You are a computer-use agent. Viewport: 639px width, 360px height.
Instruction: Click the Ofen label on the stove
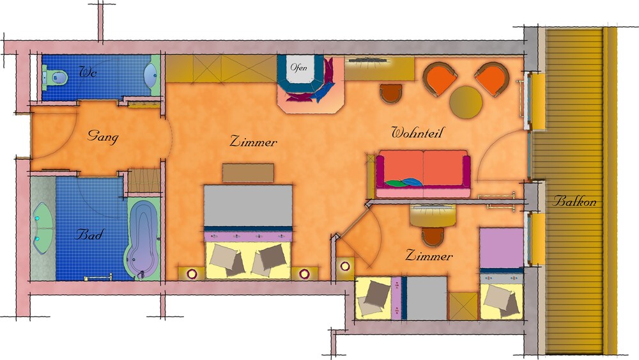[x=298, y=67]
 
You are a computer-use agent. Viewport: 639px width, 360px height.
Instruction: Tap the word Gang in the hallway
[x=103, y=136]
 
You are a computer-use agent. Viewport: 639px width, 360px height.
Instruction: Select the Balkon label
[x=574, y=201]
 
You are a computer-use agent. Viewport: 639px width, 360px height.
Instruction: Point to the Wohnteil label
[x=417, y=132]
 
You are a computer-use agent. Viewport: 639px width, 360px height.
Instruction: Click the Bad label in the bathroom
[x=90, y=234]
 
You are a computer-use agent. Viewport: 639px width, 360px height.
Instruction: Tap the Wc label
[x=88, y=72]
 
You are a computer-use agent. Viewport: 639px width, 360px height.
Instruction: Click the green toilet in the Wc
[x=54, y=77]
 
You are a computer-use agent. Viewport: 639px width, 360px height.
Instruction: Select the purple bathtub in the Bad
[x=142, y=239]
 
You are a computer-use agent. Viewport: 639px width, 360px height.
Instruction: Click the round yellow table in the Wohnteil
[x=466, y=102]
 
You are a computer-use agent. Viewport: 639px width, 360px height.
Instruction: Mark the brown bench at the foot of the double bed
[x=248, y=173]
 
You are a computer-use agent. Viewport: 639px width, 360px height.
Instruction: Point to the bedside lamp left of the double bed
[x=192, y=274]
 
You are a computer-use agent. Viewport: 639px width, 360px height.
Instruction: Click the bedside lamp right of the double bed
[x=304, y=274]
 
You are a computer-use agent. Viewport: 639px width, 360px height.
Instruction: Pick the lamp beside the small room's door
[x=345, y=267]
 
